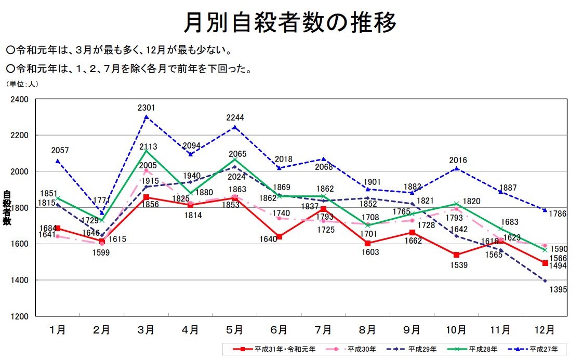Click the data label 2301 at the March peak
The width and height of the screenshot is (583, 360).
(x=147, y=108)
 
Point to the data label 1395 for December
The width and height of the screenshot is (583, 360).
(x=558, y=290)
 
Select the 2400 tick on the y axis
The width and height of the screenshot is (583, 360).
(x=20, y=99)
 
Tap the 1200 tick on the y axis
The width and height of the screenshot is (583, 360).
(x=20, y=316)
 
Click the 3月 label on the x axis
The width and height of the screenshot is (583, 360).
(x=146, y=330)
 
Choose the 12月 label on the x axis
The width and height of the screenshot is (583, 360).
(x=544, y=330)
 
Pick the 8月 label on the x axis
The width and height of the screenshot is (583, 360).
(x=367, y=330)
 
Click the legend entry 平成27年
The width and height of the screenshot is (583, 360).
(x=547, y=349)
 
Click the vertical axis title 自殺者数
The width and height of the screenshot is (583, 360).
(x=7, y=208)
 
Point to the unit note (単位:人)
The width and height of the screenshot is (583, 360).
(x=22, y=83)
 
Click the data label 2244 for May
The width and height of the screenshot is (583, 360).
(x=235, y=117)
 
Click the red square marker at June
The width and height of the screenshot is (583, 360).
(x=280, y=237)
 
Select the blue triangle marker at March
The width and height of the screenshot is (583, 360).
(x=147, y=117)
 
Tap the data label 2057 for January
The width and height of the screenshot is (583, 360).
(x=60, y=151)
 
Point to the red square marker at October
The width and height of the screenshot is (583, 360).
(x=456, y=255)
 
